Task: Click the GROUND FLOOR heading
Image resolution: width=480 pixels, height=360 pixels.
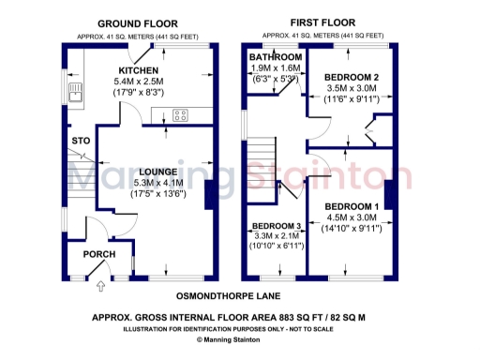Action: tap(138, 22)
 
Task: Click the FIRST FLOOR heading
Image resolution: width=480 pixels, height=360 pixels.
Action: tap(321, 22)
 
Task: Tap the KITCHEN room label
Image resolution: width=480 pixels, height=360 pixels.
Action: tap(138, 71)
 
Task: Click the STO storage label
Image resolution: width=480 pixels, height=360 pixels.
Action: tap(81, 141)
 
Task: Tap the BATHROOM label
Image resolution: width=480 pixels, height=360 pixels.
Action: tap(275, 58)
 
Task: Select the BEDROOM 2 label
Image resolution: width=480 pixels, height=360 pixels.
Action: tap(352, 77)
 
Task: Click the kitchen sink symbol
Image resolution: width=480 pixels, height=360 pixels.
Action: tap(74, 92)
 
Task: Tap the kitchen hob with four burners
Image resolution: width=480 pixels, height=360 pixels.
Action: tap(181, 116)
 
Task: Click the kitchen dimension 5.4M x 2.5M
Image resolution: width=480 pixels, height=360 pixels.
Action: tap(138, 82)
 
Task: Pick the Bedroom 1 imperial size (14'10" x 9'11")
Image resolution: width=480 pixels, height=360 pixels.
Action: tap(352, 229)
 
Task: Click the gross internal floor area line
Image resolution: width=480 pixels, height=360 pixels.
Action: tap(230, 318)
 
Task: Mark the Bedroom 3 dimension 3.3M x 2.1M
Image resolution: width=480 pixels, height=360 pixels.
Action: tap(275, 238)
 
